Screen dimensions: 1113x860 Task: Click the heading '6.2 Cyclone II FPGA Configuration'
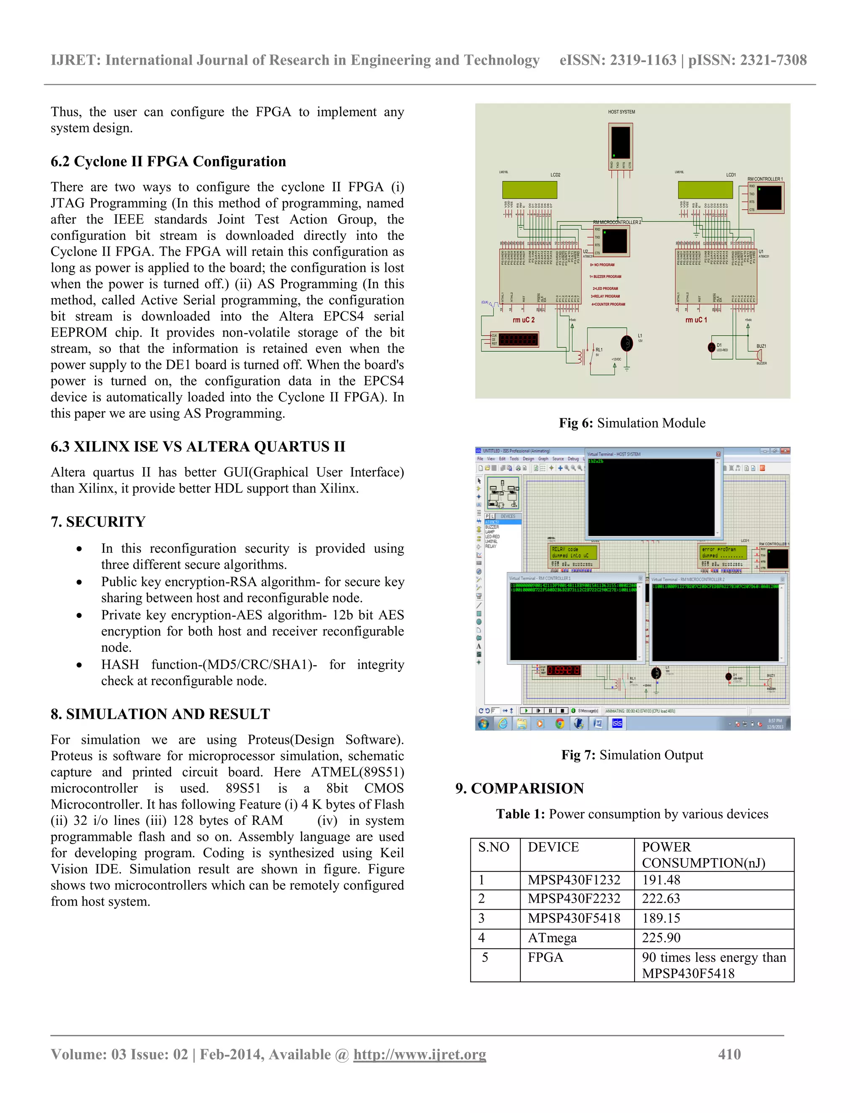click(x=168, y=162)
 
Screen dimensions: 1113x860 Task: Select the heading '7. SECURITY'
click(x=98, y=522)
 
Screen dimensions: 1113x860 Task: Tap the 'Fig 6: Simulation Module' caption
click(x=632, y=423)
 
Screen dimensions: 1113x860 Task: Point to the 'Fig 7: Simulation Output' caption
click(x=632, y=755)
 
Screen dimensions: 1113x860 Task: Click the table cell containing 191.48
click(x=661, y=880)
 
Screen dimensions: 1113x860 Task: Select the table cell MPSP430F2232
click(x=574, y=898)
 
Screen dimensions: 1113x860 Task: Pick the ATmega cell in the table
click(x=552, y=938)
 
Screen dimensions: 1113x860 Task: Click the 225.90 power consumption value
click(x=661, y=938)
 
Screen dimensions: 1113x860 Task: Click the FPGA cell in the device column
click(x=545, y=958)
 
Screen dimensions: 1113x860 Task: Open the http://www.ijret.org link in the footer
click(x=420, y=1054)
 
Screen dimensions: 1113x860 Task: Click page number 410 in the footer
click(x=729, y=1054)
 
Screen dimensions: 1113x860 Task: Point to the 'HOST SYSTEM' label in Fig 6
click(x=621, y=112)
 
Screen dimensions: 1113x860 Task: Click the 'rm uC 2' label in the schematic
click(x=523, y=320)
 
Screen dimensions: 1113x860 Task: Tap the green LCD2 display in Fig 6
click(x=530, y=189)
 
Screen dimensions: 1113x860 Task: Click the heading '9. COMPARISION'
click(x=520, y=788)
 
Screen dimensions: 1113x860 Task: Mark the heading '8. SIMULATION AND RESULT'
click(x=160, y=714)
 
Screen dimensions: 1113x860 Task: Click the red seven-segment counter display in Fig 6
click(x=518, y=339)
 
